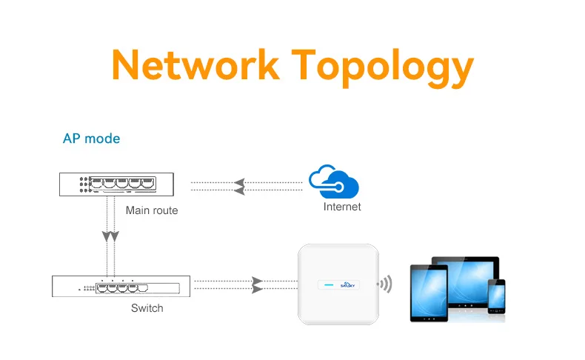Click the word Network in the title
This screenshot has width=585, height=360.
[x=195, y=64]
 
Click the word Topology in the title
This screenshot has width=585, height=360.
[x=382, y=68]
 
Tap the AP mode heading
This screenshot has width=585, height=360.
[x=91, y=139]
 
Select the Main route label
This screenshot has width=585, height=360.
[x=152, y=210]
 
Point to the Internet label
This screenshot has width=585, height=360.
[x=342, y=207]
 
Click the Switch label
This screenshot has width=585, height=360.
[x=147, y=307]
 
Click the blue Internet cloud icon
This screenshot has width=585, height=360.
[x=334, y=181]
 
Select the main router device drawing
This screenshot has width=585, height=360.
[x=116, y=184]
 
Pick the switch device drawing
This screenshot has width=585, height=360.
[x=121, y=286]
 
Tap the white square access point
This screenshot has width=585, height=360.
[x=338, y=284]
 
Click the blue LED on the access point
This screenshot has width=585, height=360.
[x=329, y=285]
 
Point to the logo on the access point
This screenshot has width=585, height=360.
[x=347, y=284]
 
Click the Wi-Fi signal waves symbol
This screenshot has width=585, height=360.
[x=385, y=284]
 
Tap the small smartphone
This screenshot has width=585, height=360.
[x=497, y=296]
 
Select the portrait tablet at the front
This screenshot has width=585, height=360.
[x=429, y=293]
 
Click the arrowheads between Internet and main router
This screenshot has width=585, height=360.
[x=239, y=187]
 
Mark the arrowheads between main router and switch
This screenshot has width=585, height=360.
[x=110, y=236]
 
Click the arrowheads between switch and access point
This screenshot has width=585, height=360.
[x=258, y=285]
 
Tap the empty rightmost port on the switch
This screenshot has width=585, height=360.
[x=143, y=288]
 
